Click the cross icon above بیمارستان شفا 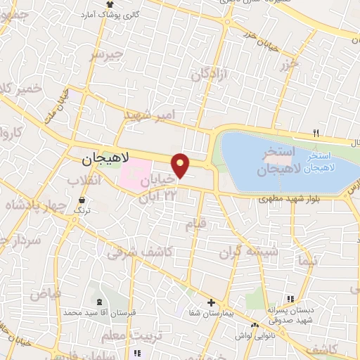point(210,303)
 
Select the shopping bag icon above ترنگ point(82,200)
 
